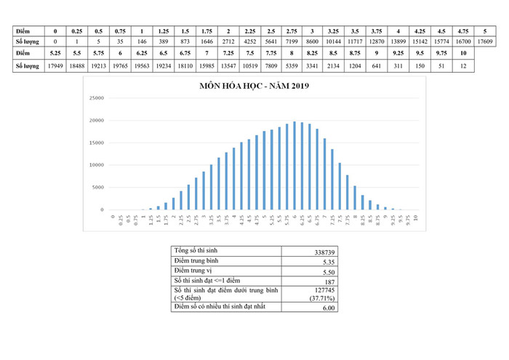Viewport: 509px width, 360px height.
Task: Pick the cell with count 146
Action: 142,43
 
